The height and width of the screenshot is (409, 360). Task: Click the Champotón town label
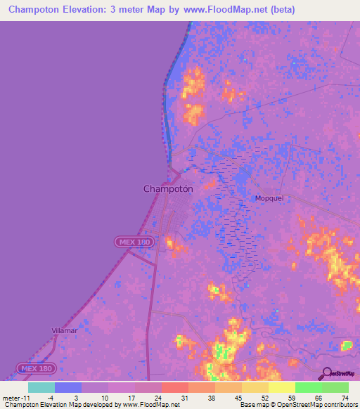pyautogui.click(x=168, y=188)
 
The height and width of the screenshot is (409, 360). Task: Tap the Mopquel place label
pyautogui.click(x=269, y=198)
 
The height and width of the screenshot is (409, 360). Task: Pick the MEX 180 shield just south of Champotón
pyautogui.click(x=133, y=242)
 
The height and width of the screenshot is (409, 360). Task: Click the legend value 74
pyautogui.click(x=345, y=397)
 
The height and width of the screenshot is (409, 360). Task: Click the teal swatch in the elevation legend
pyautogui.click(x=41, y=387)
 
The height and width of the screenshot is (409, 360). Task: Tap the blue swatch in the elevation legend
pyautogui.click(x=67, y=387)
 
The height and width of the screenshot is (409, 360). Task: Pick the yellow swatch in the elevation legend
pyautogui.click(x=281, y=387)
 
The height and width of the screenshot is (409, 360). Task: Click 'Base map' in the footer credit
pyautogui.click(x=252, y=405)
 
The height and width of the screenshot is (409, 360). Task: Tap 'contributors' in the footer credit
pyautogui.click(x=340, y=405)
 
